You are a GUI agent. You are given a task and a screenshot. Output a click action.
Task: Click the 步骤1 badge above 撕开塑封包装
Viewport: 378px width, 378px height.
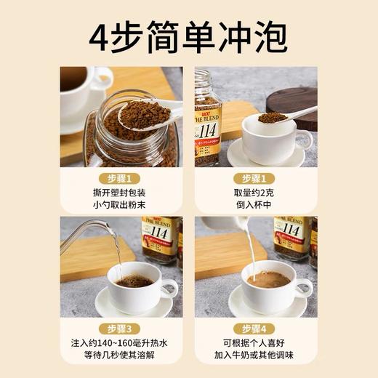(121, 179)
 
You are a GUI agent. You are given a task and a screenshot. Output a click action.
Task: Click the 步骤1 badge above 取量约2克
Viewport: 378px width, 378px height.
(256, 179)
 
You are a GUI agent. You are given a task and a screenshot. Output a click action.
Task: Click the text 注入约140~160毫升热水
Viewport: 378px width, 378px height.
(121, 343)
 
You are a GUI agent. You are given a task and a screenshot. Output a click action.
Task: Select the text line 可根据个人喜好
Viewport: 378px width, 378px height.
(256, 343)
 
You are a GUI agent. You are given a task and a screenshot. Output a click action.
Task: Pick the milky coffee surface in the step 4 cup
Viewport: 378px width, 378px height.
(268, 280)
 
